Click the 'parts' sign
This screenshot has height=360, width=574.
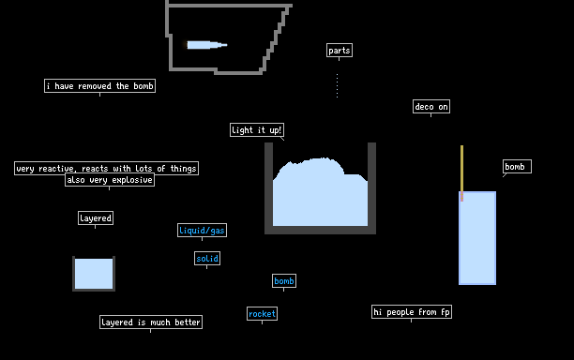pos(340,50)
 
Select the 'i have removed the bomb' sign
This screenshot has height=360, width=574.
pos(100,86)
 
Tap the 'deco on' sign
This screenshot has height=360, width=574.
pos(431,107)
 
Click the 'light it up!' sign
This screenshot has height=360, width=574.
pos(257,130)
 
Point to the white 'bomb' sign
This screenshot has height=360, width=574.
pos(517,167)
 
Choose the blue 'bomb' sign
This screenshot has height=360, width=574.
pos(284,281)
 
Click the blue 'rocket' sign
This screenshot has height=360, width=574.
pos(262,313)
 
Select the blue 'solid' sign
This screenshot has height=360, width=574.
pos(207,259)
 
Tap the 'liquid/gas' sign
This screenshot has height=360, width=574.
pos(202,230)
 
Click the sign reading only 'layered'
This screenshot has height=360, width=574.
pos(96,218)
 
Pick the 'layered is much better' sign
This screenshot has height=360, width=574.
pos(151,322)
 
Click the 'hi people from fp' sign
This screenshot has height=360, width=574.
pos(412,311)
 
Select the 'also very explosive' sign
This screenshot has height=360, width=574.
pos(110,180)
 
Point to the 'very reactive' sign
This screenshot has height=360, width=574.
pos(107,169)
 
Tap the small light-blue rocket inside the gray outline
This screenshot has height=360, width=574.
pos(207,45)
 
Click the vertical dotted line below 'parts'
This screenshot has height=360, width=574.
pos(337,85)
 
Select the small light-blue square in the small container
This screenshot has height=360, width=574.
pos(94,274)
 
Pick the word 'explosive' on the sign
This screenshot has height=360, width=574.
pos(132,180)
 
